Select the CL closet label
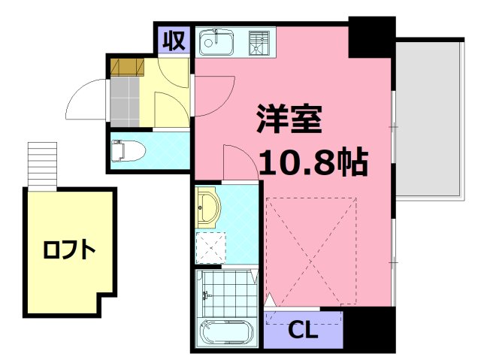coord(303,331)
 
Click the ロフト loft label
coord(69,250)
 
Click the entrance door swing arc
coord(85,102)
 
